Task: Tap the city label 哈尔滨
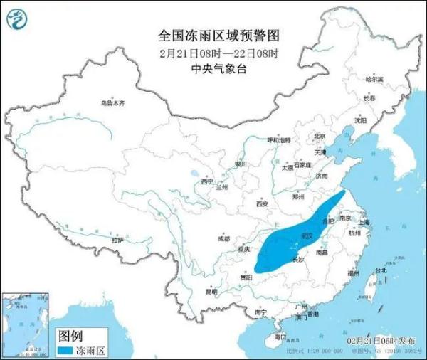tap(374, 79)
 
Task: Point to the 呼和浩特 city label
tap(279, 141)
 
